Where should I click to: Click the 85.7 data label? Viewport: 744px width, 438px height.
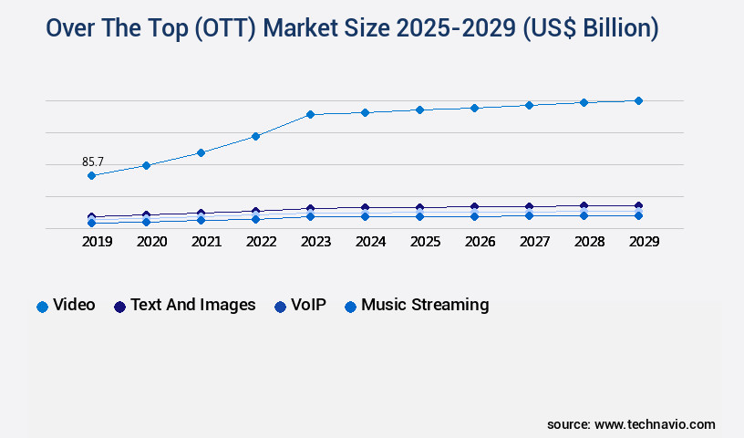click(93, 162)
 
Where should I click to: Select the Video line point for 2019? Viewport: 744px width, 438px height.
click(92, 175)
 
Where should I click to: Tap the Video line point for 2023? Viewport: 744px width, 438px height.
click(310, 114)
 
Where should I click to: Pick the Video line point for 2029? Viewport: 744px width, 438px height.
click(638, 100)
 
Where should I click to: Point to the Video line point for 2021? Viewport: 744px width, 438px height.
click(201, 152)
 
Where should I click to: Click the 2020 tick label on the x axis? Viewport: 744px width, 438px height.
click(151, 243)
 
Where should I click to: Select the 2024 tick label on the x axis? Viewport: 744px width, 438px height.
click(370, 243)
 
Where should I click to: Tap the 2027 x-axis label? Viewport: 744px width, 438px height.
click(535, 243)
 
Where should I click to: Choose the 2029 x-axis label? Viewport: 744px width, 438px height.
click(644, 243)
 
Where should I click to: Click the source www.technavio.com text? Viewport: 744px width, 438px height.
click(631, 424)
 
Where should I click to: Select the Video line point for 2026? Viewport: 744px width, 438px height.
click(474, 108)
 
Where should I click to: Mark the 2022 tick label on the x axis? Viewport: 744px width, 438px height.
click(261, 243)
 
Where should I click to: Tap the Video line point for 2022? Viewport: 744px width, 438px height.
click(256, 136)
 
